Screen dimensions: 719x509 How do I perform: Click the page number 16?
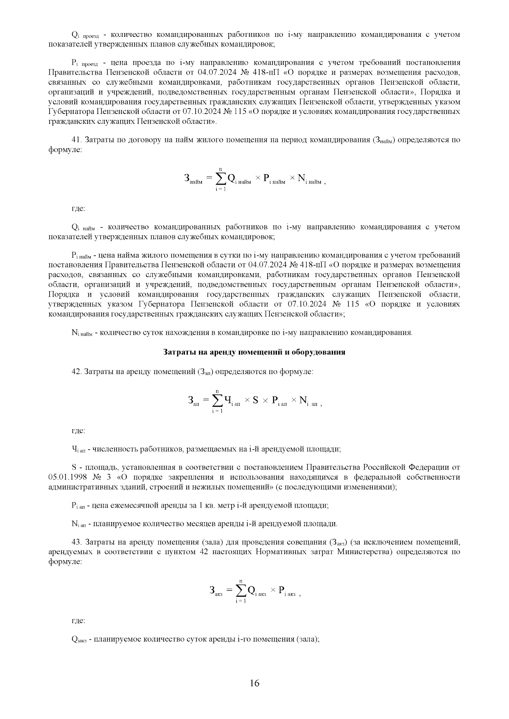coord(255,683)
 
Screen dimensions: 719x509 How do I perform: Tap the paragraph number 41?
coord(78,140)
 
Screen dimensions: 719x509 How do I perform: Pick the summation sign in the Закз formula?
coord(241,591)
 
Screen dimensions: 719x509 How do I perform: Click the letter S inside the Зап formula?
coord(255,400)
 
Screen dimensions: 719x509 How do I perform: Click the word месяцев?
coord(204,524)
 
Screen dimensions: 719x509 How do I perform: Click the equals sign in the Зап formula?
coord(206,400)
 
